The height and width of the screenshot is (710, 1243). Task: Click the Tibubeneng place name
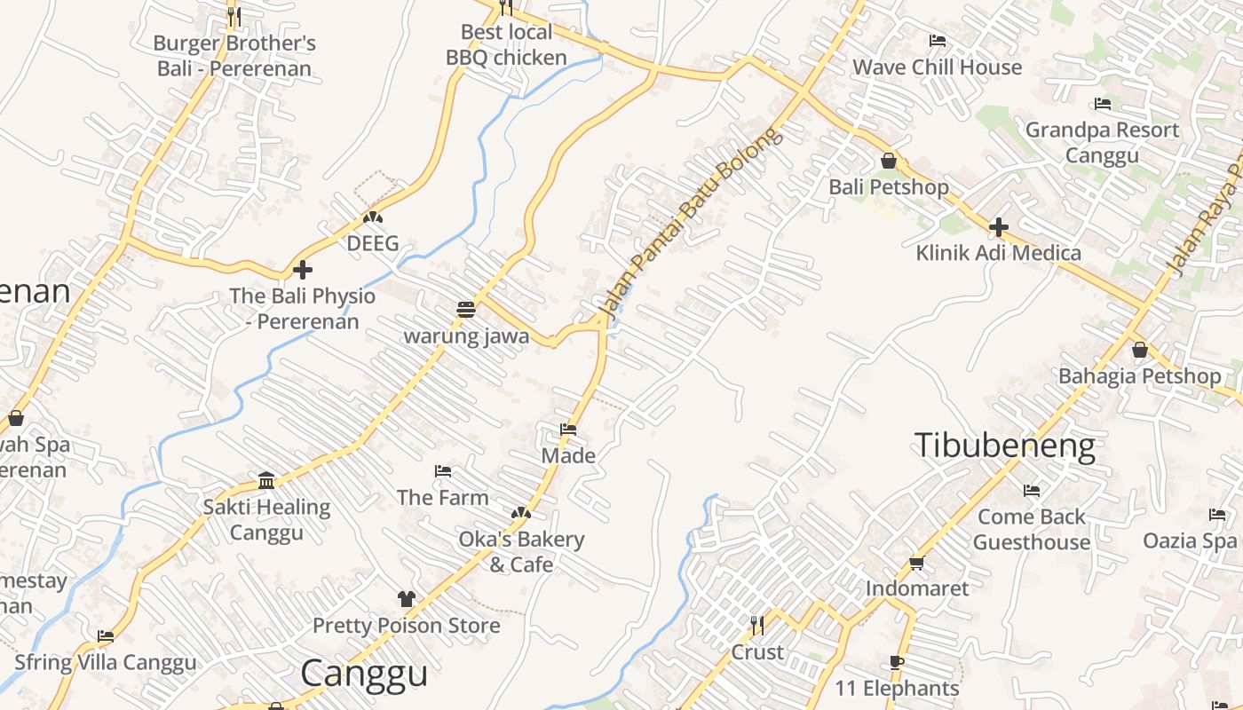pos(1004,446)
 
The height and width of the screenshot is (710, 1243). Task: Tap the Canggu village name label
pos(364,674)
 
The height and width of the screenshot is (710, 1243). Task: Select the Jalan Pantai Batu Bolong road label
pos(693,224)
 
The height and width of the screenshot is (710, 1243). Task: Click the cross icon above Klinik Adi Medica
pos(999,227)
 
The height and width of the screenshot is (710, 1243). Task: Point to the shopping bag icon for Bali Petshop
pos(888,161)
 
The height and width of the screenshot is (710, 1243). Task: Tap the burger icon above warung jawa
pos(466,310)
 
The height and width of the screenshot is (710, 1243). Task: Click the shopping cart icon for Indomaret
pos(917,563)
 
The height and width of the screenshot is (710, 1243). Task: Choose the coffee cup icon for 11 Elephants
pos(897,662)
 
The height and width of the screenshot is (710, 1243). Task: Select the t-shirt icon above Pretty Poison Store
pos(407,599)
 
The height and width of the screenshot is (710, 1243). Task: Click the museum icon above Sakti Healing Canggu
pos(266,481)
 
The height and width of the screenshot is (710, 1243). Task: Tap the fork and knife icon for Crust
pos(756,626)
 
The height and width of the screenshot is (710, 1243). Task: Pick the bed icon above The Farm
pos(443,471)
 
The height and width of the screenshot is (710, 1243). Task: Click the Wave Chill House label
pos(937,67)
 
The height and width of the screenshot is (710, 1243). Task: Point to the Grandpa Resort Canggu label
pos(1102,143)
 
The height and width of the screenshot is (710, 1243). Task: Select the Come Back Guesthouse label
pos(1032,529)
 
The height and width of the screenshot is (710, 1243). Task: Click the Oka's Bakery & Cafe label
pos(521,552)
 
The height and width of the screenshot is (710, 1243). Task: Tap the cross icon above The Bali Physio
pos(303,270)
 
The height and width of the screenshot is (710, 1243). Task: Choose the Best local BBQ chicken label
pos(506,45)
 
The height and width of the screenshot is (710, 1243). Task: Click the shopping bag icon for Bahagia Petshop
pos(1140,350)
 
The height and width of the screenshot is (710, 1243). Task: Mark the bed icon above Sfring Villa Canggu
pos(106,635)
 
